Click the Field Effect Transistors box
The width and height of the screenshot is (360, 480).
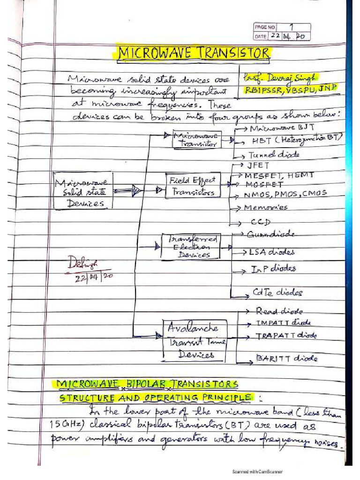tap(192, 186)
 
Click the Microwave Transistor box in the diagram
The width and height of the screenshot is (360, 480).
tap(197, 139)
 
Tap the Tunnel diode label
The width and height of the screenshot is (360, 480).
tap(273, 155)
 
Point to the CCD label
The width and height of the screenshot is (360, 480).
tap(263, 222)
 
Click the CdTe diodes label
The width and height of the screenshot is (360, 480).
tap(277, 293)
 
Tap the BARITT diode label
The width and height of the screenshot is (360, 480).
tap(286, 359)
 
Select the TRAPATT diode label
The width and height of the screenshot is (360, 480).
tap(286, 336)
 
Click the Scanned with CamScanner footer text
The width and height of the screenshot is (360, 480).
tap(257, 472)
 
